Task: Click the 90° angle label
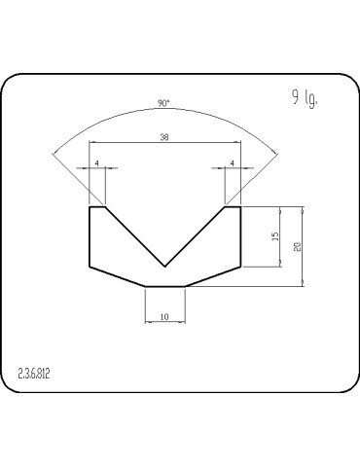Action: click(162, 103)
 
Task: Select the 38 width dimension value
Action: click(163, 138)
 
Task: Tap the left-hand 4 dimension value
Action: click(97, 163)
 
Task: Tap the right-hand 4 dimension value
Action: click(233, 163)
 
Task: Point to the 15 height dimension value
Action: click(276, 236)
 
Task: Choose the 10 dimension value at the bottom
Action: click(164, 317)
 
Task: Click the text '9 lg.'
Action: click(305, 96)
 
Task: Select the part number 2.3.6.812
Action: click(34, 373)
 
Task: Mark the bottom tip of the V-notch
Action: click(165, 266)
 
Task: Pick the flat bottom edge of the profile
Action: click(164, 286)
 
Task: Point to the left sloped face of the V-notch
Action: click(135, 235)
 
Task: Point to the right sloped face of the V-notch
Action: click(196, 235)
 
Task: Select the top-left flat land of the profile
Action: click(97, 206)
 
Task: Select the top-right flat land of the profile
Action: click(233, 206)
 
